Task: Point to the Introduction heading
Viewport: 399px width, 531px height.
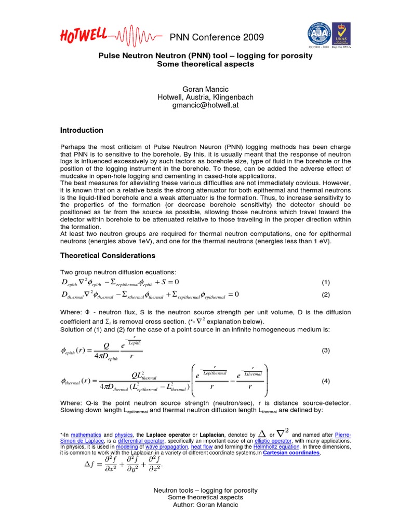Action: (x=82, y=130)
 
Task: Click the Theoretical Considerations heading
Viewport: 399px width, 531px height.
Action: (x=108, y=256)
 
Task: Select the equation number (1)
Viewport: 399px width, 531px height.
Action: (x=326, y=283)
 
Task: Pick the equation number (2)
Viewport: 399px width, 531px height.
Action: (x=326, y=295)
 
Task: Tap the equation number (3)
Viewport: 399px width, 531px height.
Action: (x=326, y=351)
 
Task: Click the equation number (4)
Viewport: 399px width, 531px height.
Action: (x=326, y=381)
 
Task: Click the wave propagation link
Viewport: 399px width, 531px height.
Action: (x=168, y=446)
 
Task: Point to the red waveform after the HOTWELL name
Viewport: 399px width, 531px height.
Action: (x=138, y=36)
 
